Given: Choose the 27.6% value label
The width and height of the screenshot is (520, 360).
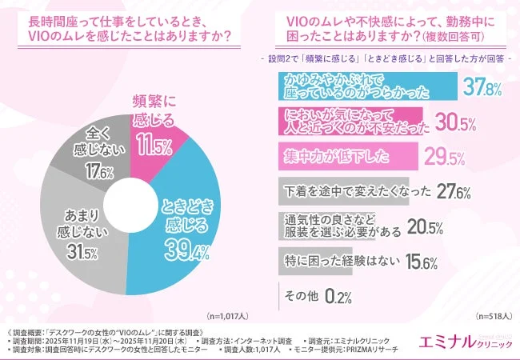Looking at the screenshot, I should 450,191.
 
